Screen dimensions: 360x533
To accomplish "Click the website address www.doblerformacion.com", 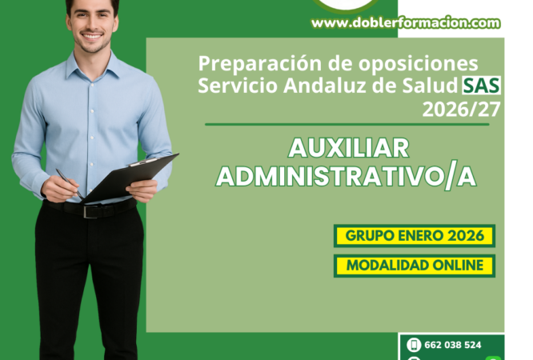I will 405,23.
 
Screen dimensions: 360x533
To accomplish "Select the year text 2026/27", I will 462,108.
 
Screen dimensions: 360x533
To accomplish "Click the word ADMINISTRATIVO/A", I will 347,177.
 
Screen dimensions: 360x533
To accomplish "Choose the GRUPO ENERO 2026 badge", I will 414,236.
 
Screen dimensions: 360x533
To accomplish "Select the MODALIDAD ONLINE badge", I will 414,266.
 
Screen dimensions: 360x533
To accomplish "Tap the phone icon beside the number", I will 414,345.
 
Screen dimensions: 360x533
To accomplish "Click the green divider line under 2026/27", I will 347,124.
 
